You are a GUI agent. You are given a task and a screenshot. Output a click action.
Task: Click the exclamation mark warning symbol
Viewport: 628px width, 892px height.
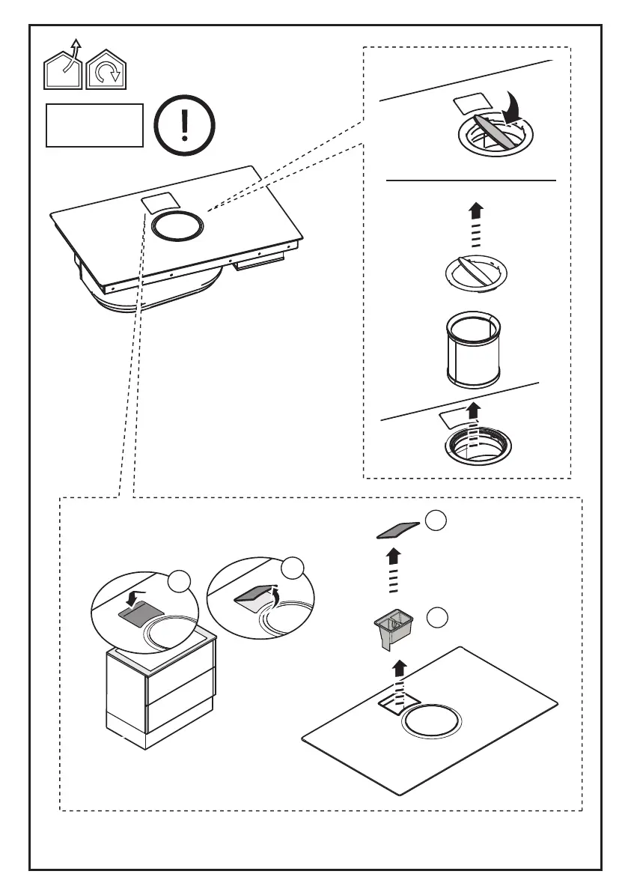pyautogui.click(x=185, y=125)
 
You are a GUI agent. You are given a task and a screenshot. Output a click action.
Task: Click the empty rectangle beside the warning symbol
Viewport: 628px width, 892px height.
pyautogui.click(x=94, y=125)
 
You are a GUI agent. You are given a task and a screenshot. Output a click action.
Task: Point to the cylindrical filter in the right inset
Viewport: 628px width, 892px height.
pyautogui.click(x=472, y=350)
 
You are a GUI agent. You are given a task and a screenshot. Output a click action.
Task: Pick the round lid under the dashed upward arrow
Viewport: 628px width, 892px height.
pyautogui.click(x=472, y=271)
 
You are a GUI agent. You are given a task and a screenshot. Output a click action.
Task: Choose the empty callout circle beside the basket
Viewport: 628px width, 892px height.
pyautogui.click(x=437, y=618)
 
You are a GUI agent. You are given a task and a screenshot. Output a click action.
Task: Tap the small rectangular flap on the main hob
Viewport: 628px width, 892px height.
pyautogui.click(x=159, y=202)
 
